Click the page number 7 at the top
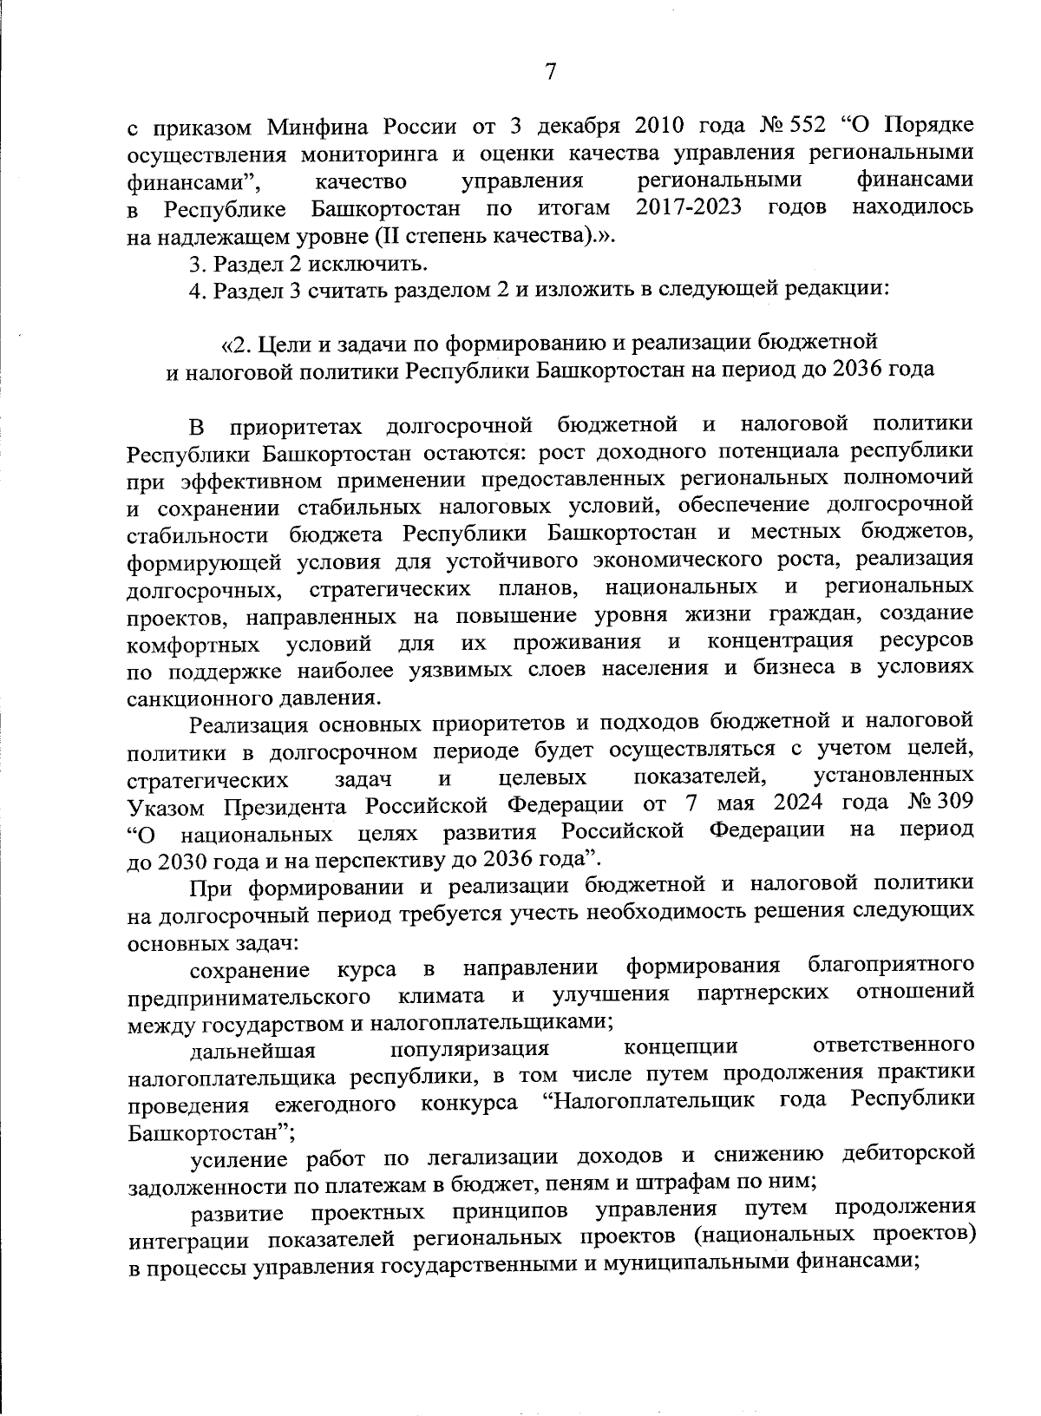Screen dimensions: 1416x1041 click(x=549, y=74)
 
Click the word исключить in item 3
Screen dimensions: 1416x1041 click(x=376, y=263)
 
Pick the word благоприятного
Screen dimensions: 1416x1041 click(x=888, y=965)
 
